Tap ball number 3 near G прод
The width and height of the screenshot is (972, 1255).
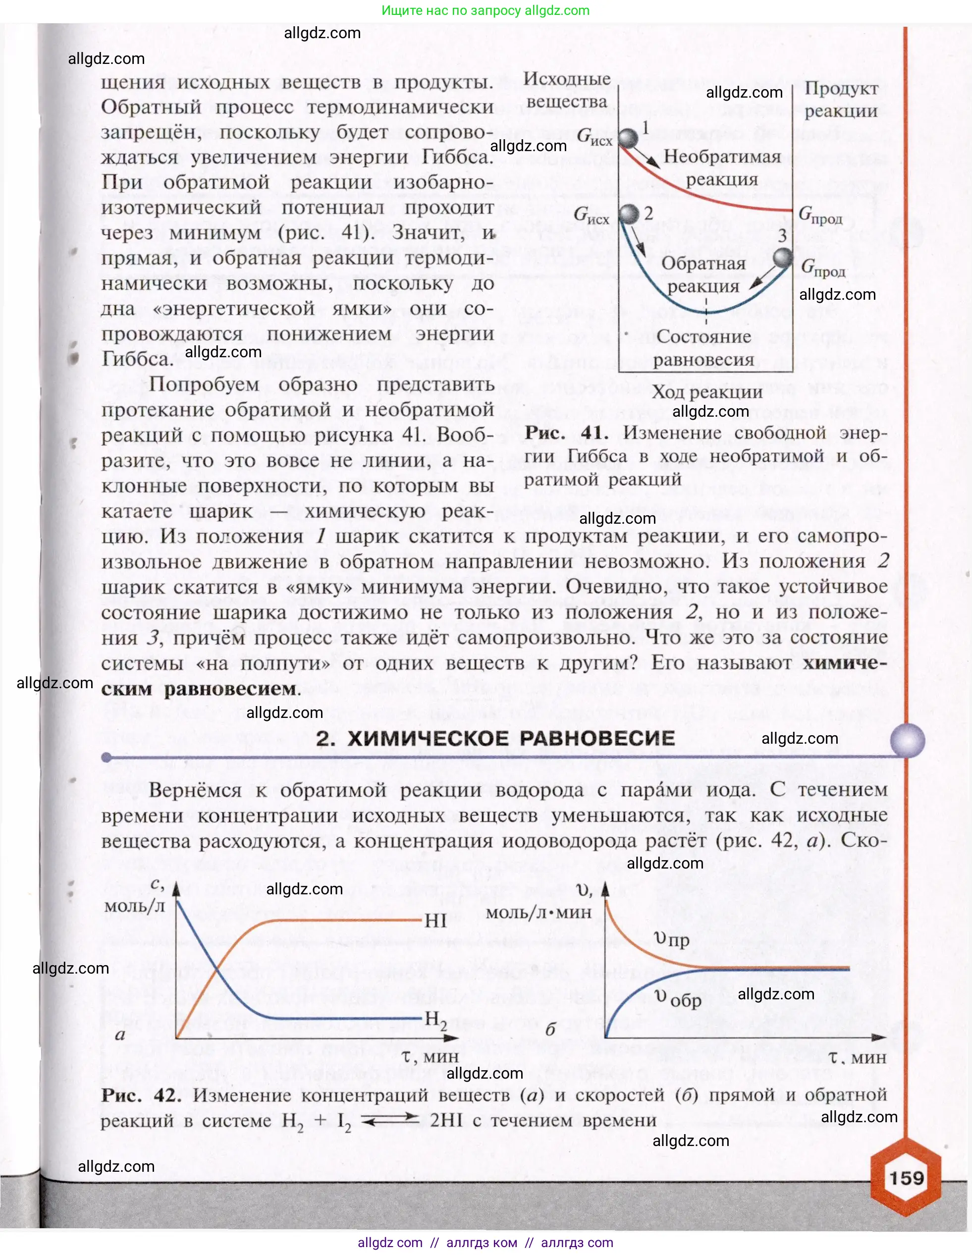[x=782, y=258]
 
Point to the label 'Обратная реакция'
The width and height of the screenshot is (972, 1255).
[x=703, y=274]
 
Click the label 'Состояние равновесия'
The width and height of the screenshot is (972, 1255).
[x=703, y=348]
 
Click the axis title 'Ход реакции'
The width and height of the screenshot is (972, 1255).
[x=706, y=392]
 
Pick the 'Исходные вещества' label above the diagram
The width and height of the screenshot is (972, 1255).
[x=566, y=90]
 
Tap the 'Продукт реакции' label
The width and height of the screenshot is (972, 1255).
[x=840, y=100]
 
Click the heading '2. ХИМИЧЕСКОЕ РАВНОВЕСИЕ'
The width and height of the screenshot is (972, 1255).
[x=495, y=738]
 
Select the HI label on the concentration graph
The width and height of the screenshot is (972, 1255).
[x=435, y=921]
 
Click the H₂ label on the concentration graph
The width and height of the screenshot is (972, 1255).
[x=435, y=1019]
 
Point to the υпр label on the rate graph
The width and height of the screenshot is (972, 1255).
[x=671, y=939]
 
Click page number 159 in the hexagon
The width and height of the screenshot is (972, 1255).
[x=907, y=1178]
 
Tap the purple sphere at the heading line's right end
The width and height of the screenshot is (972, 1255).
[x=908, y=740]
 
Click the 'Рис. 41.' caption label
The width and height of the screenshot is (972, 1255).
[x=566, y=433]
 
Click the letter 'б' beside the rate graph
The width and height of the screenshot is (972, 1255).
[x=550, y=1030]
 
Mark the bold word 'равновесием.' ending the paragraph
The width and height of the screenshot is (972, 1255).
[x=233, y=688]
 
